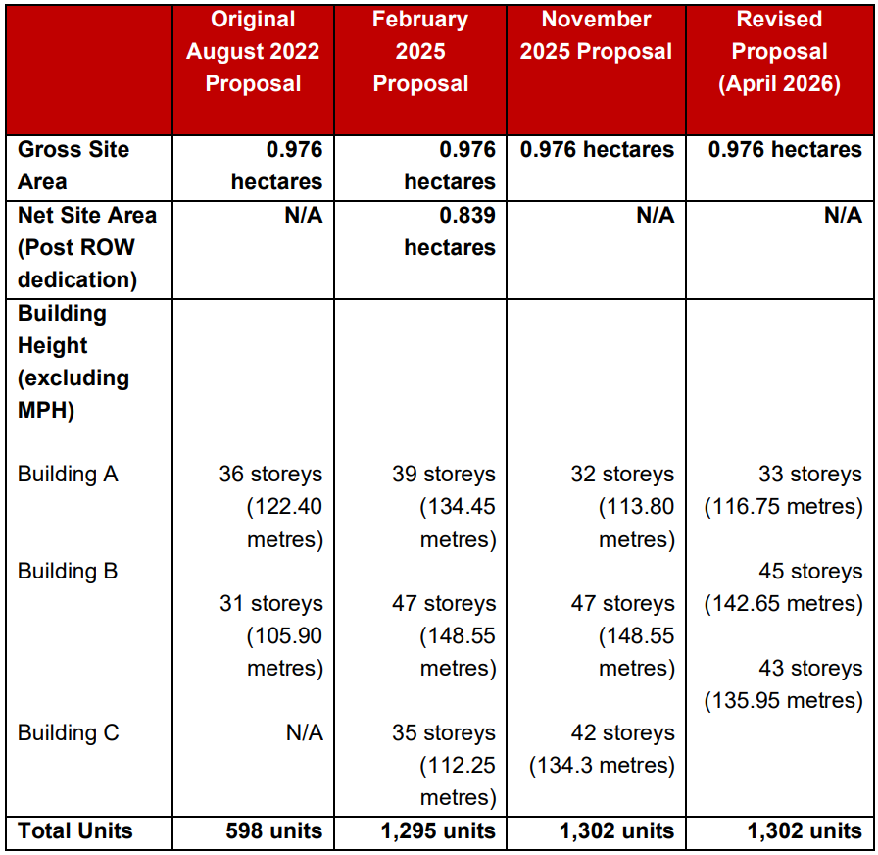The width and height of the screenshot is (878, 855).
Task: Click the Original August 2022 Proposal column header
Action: [253, 51]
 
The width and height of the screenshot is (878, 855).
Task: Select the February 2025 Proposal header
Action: [420, 51]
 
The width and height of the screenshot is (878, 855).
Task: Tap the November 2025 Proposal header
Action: [596, 34]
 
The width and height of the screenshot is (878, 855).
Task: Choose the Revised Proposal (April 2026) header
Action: [779, 51]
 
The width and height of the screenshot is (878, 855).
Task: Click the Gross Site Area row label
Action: [73, 166]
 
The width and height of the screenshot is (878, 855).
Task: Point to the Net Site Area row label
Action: [87, 247]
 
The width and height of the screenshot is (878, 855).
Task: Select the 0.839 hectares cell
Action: [450, 230]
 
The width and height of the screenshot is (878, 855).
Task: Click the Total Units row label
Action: [75, 830]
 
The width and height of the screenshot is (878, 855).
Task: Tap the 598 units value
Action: [273, 830]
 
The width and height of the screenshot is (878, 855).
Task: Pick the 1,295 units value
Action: [438, 830]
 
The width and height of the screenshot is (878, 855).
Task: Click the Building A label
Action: [68, 474]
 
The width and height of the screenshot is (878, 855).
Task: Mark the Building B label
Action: [68, 571]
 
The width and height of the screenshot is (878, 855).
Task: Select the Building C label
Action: [69, 732]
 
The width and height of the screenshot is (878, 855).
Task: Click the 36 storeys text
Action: [270, 474]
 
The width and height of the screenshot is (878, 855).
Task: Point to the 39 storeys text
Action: [444, 474]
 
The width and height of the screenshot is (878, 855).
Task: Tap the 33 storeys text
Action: [810, 474]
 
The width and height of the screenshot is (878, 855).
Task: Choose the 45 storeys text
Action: [810, 571]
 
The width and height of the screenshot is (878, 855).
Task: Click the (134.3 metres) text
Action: [602, 766]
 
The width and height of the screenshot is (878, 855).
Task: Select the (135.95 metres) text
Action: [783, 700]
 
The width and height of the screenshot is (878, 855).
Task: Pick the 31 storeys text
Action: [271, 603]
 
